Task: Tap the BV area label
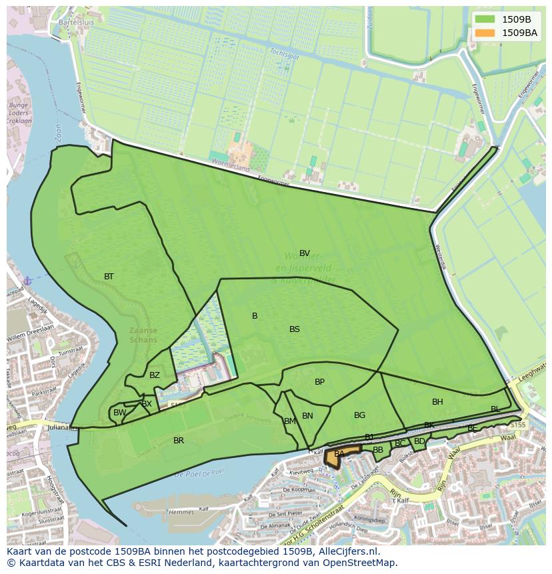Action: coord(305,253)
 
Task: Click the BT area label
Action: coord(109,277)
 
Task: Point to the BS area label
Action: coord(295,329)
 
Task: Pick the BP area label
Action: coord(320,382)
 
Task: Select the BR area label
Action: coord(179,441)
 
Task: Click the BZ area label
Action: coord(155,375)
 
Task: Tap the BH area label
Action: coord(437,402)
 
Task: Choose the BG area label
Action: coord(360,415)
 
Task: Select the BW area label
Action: coord(119,413)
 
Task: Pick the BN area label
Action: coord(307,416)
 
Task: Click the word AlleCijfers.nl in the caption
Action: coord(347,551)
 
